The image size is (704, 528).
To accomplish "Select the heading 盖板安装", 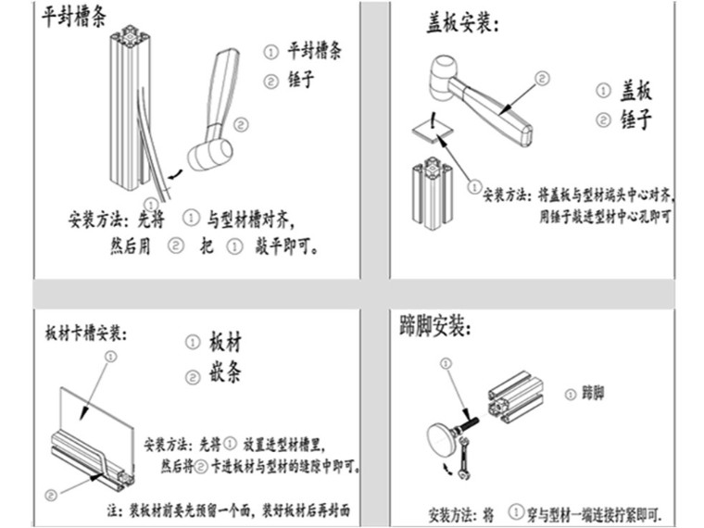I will coord(461,23).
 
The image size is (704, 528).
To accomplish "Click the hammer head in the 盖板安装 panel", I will coord(439,78).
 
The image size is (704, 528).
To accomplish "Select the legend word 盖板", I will coord(636,91).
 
